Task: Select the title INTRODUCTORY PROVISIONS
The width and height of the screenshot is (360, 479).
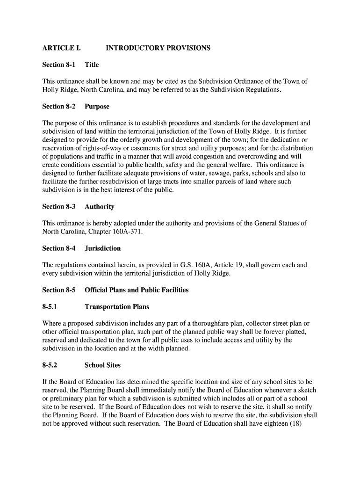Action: point(158,48)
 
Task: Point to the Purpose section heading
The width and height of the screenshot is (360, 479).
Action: point(97,107)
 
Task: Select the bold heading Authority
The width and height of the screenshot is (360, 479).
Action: point(99,207)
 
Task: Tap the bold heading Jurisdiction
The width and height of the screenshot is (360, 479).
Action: point(102,248)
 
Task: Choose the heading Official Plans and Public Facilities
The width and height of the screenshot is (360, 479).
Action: point(137,290)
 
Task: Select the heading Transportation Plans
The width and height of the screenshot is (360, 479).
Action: point(117,307)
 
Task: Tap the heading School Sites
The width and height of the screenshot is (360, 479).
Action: point(102,365)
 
